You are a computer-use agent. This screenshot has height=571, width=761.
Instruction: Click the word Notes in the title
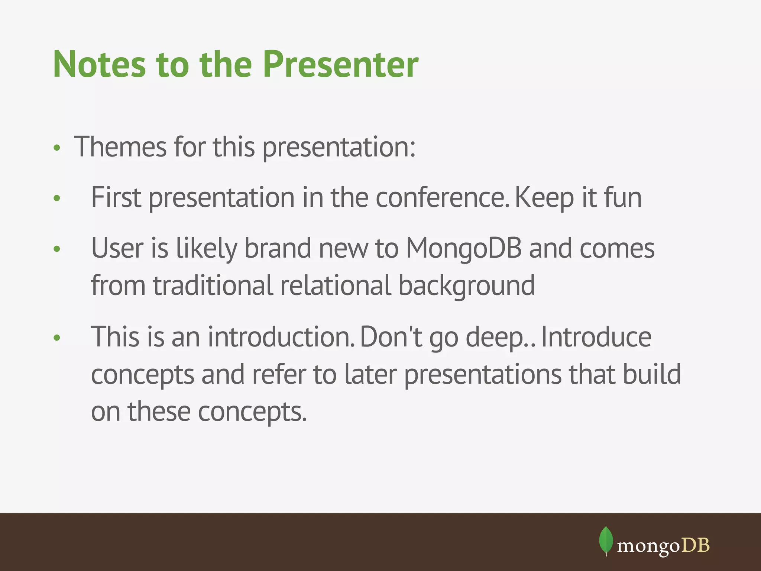pyautogui.click(x=99, y=65)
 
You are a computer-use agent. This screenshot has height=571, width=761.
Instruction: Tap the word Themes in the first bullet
pyautogui.click(x=120, y=147)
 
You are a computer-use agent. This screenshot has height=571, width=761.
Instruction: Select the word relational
pyautogui.click(x=335, y=285)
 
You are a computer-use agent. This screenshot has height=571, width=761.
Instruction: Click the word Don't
pyautogui.click(x=391, y=337)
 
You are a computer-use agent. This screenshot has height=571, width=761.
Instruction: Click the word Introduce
pyautogui.click(x=596, y=337)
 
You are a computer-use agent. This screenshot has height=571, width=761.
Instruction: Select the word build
pyautogui.click(x=652, y=374)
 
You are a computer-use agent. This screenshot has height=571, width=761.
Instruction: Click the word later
pyautogui.click(x=370, y=374)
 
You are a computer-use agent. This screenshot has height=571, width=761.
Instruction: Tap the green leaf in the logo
pyautogui.click(x=606, y=540)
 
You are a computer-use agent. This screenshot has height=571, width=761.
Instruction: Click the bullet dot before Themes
pyautogui.click(x=56, y=148)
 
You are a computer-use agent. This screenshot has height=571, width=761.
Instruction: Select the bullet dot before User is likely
pyautogui.click(x=56, y=249)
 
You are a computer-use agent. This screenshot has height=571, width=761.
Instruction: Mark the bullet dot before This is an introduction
pyautogui.click(x=56, y=338)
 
